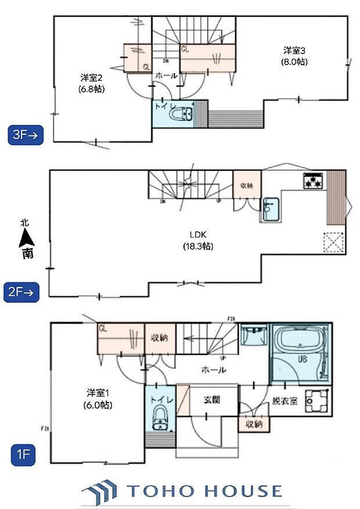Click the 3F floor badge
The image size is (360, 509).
(x=25, y=135)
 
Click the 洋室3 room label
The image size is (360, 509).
(x=295, y=56)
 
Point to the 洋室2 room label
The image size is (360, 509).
(x=92, y=83)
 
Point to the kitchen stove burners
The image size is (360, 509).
(x=314, y=181)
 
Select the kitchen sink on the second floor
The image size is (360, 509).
(x=270, y=209)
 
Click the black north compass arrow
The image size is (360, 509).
(x=26, y=237)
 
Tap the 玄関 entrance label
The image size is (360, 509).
(x=211, y=400)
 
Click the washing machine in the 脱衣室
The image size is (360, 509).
(x=316, y=402)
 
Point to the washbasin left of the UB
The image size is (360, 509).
(x=253, y=336)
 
